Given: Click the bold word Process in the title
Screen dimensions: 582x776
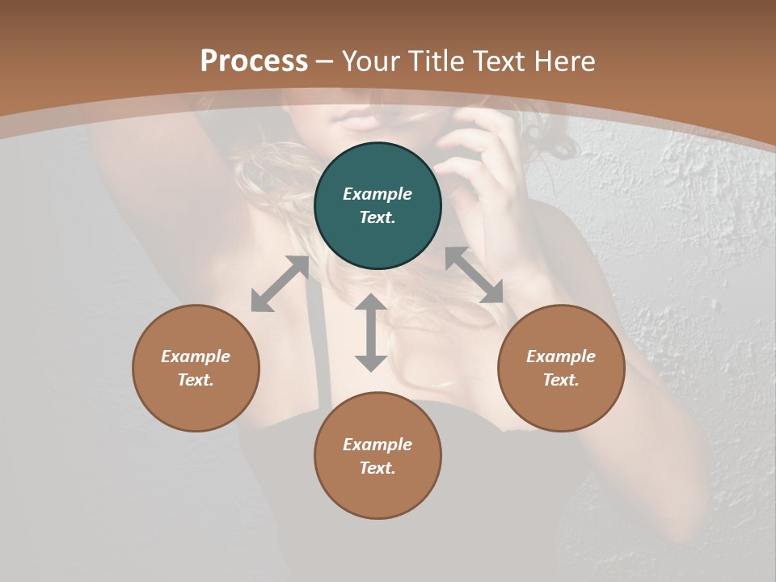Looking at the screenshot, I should point(254,61).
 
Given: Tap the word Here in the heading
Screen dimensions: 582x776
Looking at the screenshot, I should point(564,61).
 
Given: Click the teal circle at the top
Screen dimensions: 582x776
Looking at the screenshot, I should point(377,206).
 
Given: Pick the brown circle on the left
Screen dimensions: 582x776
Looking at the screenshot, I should point(196,368).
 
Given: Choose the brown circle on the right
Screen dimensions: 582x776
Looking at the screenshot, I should point(561,368).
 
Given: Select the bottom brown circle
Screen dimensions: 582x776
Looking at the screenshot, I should point(377,456).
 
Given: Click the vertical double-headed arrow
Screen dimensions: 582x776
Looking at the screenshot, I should point(371,333).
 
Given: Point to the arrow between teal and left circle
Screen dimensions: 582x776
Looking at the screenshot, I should point(280,284).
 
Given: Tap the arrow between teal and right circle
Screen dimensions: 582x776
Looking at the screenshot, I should point(474,275).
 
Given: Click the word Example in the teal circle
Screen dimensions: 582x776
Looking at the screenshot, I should point(377,194).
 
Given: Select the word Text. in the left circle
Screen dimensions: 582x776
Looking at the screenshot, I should point(196,380).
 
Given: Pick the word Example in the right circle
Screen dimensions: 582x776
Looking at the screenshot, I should point(561,356).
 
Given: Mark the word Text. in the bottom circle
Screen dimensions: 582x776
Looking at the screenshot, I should point(377,468).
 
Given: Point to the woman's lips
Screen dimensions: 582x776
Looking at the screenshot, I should point(360,121).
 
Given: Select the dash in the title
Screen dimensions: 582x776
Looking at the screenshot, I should point(325,62).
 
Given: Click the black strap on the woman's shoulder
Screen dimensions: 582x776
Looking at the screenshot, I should point(323,356).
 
